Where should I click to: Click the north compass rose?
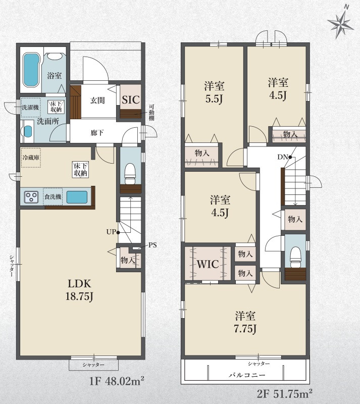[341, 23]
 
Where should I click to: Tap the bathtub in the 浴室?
[31, 70]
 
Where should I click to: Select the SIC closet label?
[131, 99]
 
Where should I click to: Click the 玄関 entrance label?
[97, 100]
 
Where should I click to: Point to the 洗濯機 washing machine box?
[30, 108]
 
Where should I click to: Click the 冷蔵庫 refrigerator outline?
[31, 158]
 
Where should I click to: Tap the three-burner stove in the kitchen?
[31, 197]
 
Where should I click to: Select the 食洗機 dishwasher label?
[53, 196]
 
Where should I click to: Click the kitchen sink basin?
[77, 197]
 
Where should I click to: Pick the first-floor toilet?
[130, 173]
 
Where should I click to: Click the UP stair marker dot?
[118, 232]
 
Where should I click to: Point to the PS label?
[152, 245]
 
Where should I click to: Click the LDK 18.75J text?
[79, 290]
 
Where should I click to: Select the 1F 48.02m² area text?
[117, 381]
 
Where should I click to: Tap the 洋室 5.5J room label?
[214, 92]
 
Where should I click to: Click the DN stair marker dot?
[290, 157]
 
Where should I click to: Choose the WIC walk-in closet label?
[208, 264]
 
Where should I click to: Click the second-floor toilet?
[295, 257]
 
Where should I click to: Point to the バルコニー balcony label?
[247, 375]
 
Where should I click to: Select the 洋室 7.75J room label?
[245, 323]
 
